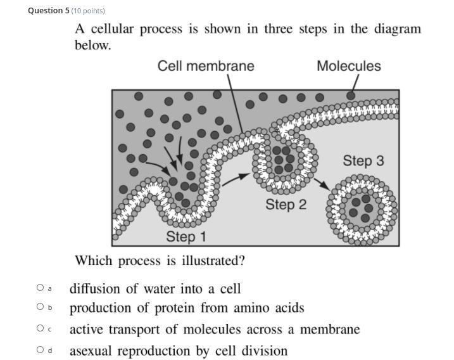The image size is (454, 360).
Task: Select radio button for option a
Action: (x=40, y=288)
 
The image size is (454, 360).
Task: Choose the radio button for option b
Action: (x=40, y=307)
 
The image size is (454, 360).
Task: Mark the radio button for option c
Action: (x=40, y=328)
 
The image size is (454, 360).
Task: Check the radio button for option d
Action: (x=40, y=349)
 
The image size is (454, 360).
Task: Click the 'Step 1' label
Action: (x=186, y=236)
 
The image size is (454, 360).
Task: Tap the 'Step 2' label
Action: (x=286, y=204)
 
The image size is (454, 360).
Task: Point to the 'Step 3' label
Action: (x=363, y=161)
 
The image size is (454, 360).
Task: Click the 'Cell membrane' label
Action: (x=206, y=66)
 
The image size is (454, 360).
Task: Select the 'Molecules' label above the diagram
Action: (x=348, y=66)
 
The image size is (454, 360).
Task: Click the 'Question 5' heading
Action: (x=48, y=11)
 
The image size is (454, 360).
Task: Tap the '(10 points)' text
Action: (x=88, y=11)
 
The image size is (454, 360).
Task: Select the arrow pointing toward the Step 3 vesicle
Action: (x=322, y=184)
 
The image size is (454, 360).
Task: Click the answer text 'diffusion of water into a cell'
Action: (x=155, y=289)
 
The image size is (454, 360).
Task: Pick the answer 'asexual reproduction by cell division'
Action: (x=178, y=350)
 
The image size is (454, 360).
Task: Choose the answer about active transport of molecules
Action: (x=214, y=330)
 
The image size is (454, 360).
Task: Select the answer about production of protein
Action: (x=187, y=308)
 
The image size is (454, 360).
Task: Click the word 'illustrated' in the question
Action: (x=210, y=260)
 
